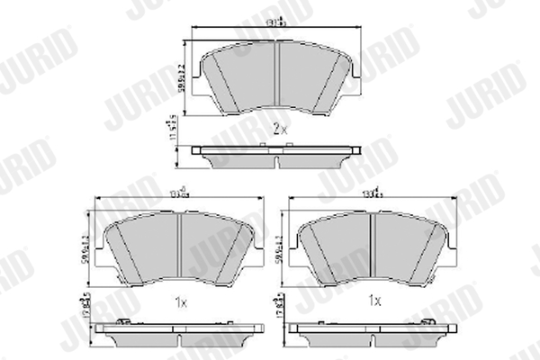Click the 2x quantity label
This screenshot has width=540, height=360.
[x=278, y=130]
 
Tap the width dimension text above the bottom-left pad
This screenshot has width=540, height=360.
[x=180, y=191]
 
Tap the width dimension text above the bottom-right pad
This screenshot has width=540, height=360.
[x=371, y=191]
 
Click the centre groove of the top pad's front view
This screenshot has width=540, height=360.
[x=277, y=76]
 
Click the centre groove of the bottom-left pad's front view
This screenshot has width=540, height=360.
[x=180, y=247]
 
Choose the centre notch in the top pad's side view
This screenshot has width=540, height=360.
[x=277, y=161]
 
